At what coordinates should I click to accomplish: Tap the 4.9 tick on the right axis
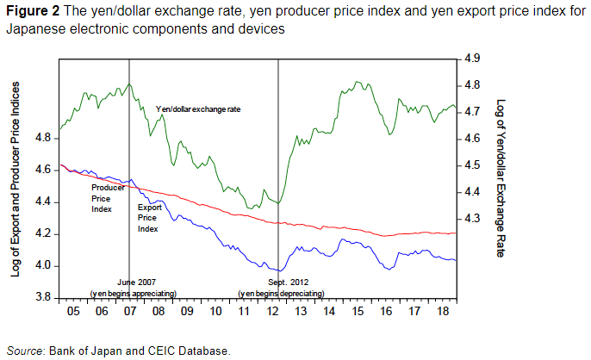coord(472,59)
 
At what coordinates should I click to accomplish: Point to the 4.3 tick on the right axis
coord(472,220)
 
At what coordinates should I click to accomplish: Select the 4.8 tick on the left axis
coord(42,138)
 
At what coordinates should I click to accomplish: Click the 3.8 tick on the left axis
coord(42,298)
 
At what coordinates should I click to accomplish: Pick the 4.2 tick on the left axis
coord(42,234)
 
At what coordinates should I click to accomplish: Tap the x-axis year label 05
coord(72,310)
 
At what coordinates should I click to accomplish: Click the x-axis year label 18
coord(441,310)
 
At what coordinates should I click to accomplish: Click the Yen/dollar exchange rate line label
coord(198,109)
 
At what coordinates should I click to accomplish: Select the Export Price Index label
coord(148,218)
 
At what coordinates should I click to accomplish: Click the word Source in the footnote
coord(25,351)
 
